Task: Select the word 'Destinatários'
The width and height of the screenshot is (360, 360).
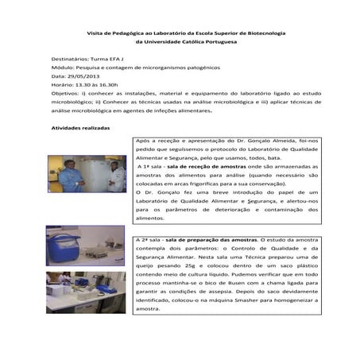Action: click(70, 60)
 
